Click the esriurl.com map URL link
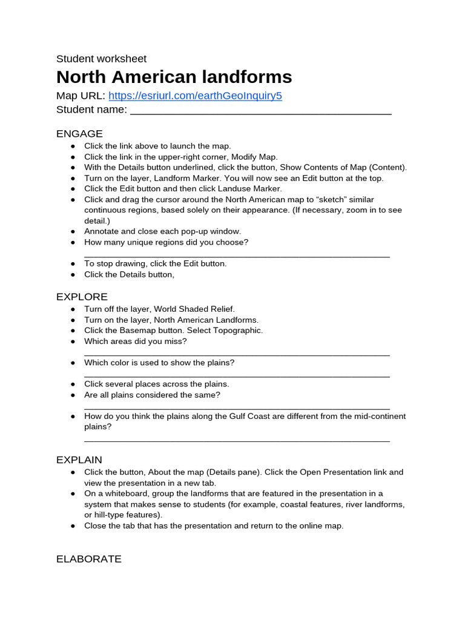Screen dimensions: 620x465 (195, 96)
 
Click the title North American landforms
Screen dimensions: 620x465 (174, 77)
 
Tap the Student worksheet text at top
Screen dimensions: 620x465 (101, 59)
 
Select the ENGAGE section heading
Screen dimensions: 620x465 (79, 134)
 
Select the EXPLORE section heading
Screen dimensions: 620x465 (82, 297)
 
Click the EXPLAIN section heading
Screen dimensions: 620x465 (79, 460)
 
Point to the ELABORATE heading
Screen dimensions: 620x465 (88, 559)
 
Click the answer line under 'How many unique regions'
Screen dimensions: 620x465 (237, 256)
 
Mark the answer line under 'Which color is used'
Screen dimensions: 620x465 (237, 376)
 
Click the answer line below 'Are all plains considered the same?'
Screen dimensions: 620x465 (237, 408)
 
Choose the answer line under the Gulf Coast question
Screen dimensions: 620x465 (237, 440)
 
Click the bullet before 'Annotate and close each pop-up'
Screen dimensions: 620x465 (73, 231)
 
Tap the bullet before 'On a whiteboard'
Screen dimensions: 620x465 (73, 493)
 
